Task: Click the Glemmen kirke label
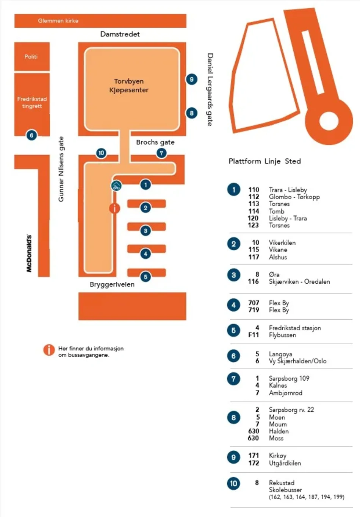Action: click(58, 21)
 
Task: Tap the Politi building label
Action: click(31, 57)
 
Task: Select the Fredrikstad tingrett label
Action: click(32, 103)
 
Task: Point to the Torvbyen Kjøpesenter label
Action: click(129, 86)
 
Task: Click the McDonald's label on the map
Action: click(29, 253)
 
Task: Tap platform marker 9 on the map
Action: click(192, 79)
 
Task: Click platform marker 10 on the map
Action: click(101, 153)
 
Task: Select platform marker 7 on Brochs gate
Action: click(161, 153)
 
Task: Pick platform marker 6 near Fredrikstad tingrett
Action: click(31, 135)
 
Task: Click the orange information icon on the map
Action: click(114, 208)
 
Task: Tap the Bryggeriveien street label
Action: click(112, 284)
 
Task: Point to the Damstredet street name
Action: click(120, 34)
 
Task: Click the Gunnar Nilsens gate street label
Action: click(61, 169)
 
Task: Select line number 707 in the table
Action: click(254, 303)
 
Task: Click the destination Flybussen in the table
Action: click(282, 335)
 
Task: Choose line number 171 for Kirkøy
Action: click(254, 456)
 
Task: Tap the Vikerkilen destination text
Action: click(282, 243)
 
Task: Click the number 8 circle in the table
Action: click(233, 418)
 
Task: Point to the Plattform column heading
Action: click(244, 161)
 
